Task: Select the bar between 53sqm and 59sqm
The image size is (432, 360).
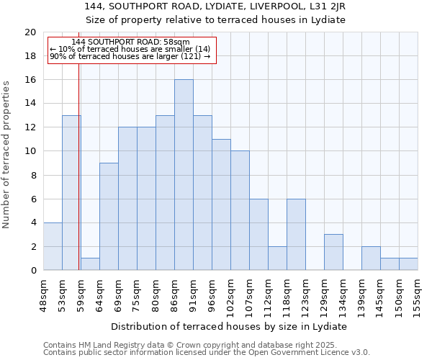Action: pos(71,193)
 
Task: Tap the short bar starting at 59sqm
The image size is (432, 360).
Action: pos(90,264)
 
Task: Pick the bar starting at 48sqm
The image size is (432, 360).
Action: pos(53,246)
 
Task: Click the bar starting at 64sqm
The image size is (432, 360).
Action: pos(109,217)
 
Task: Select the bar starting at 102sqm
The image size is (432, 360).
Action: pos(240,211)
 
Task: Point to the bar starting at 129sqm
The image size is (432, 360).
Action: pos(333,252)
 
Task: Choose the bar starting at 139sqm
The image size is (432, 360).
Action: pos(371,258)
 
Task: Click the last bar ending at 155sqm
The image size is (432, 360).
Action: pos(408,264)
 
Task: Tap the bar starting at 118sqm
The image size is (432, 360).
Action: pos(296,235)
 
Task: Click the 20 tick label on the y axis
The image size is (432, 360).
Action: pos(30,32)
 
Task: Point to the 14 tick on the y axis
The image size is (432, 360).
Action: pos(30,104)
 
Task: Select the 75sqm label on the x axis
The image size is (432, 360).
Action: pos(137,294)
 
